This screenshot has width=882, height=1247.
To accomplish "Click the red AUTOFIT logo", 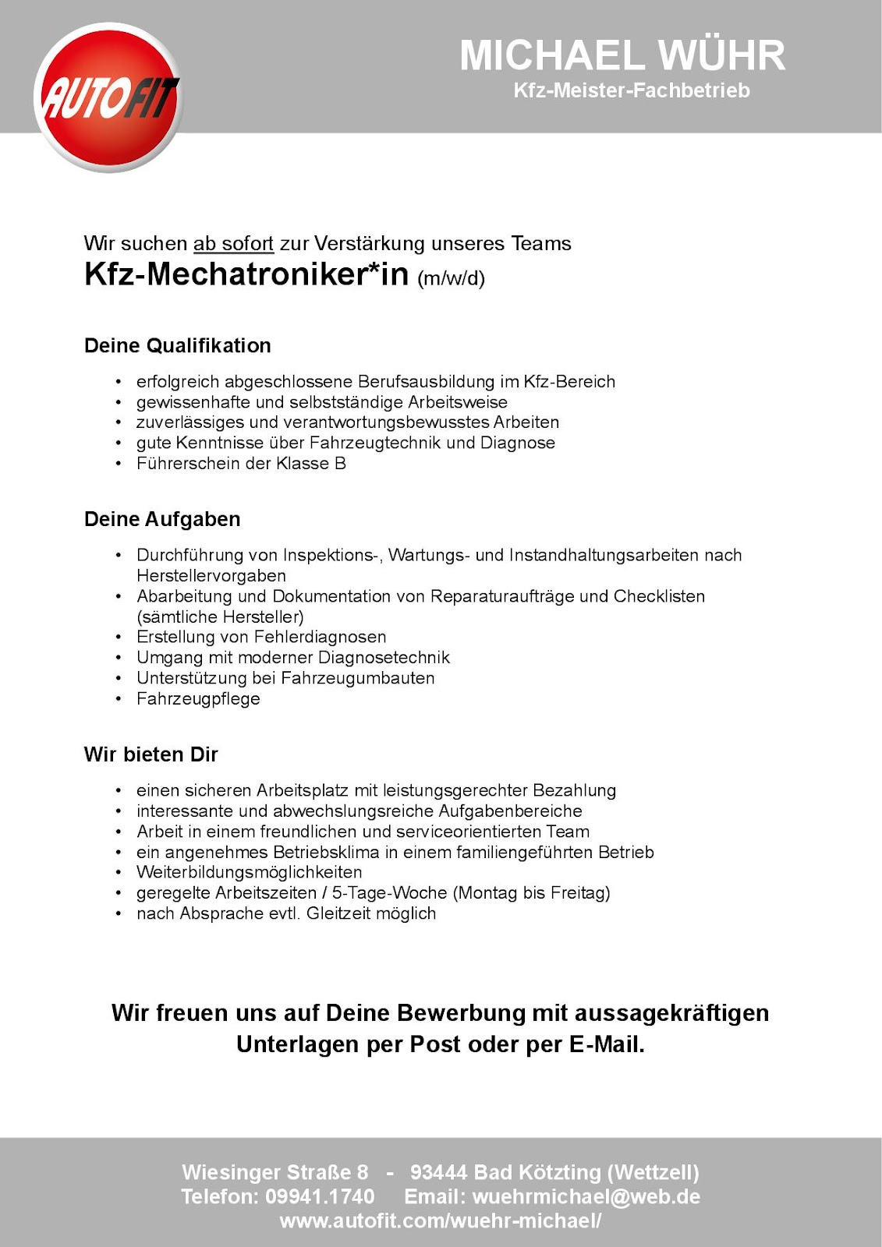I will (x=108, y=97).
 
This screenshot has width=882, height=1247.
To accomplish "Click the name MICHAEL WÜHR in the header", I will (x=622, y=55).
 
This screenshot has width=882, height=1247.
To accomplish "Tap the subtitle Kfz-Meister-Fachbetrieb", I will (x=631, y=90).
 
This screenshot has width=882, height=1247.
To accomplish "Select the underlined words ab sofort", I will (x=233, y=244).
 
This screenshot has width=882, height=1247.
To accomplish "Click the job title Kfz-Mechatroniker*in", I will (x=246, y=274).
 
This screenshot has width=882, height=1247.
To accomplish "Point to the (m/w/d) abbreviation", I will (x=452, y=278).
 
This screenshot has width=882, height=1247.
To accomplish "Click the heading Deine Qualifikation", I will (x=178, y=345).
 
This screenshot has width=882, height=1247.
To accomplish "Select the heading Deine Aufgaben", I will (x=162, y=519).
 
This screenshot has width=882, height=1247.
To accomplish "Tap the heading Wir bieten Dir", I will (x=151, y=754).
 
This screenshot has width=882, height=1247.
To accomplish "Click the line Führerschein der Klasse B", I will (x=241, y=464).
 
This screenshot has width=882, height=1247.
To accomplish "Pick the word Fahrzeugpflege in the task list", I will (x=198, y=699).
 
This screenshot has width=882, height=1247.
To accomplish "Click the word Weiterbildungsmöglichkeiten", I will (x=250, y=872).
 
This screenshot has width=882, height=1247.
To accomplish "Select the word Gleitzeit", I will (x=338, y=913).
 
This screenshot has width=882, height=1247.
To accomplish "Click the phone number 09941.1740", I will (x=320, y=1196).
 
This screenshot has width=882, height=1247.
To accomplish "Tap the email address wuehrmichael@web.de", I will (x=586, y=1196).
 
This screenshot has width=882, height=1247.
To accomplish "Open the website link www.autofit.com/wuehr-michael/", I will (x=441, y=1221).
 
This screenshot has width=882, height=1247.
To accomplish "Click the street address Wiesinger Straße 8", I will (x=275, y=1172).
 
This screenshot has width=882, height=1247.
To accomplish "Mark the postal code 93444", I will (x=439, y=1172).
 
